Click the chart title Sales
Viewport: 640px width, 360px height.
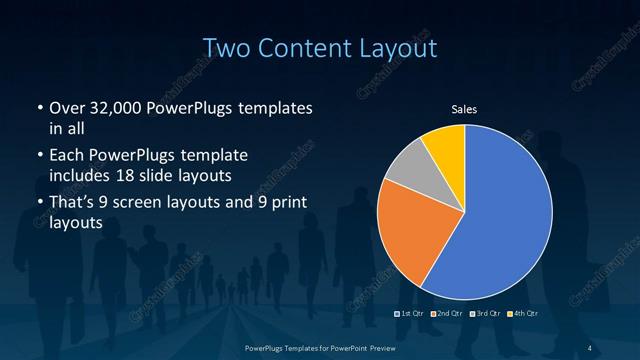[x=465, y=108]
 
